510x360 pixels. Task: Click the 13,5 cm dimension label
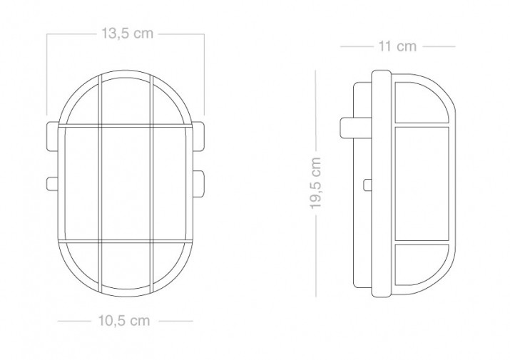127,34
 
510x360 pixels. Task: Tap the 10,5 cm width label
124,321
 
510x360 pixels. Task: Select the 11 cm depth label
397,46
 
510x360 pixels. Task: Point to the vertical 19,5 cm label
315,182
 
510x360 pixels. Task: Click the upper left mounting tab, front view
53,137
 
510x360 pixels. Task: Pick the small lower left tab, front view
52,184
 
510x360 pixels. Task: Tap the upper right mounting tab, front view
198,137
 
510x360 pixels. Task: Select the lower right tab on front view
198,184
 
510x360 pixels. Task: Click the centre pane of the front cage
126,184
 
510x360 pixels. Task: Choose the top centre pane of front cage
126,101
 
